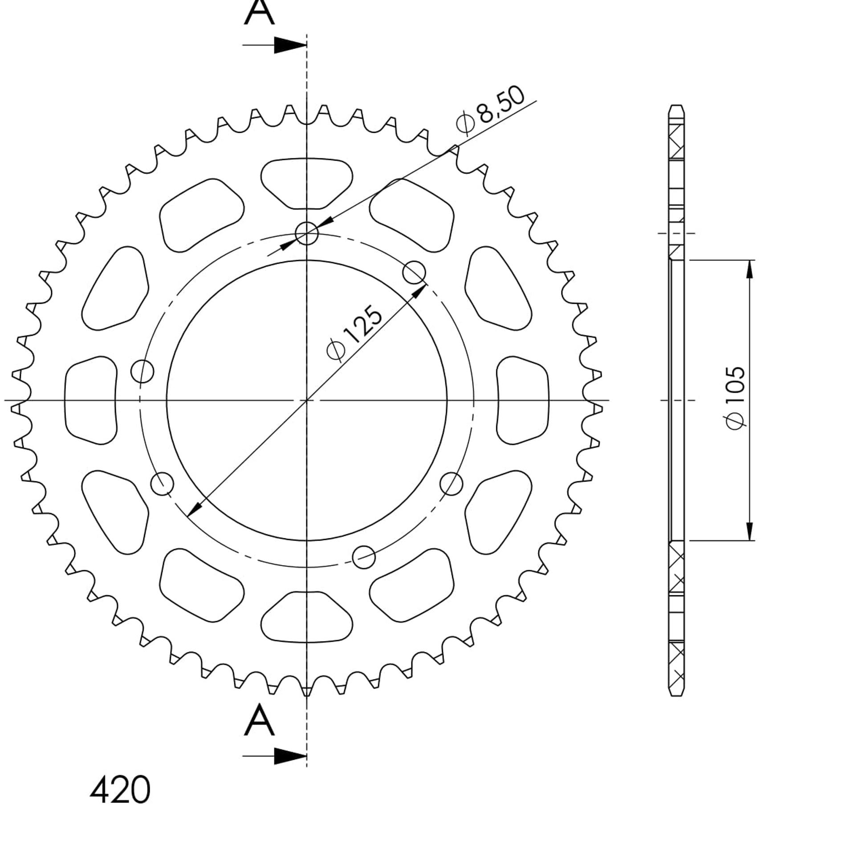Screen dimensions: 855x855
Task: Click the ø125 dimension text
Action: pos(354,332)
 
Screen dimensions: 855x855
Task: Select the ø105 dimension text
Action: pos(735,398)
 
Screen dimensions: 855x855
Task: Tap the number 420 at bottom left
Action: pos(120,790)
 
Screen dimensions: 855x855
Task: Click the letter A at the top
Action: pos(259,12)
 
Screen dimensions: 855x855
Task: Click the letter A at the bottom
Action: pos(259,720)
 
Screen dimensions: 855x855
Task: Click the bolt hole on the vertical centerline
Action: pos(307,233)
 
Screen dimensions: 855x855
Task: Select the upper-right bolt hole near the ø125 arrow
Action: pos(414,273)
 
